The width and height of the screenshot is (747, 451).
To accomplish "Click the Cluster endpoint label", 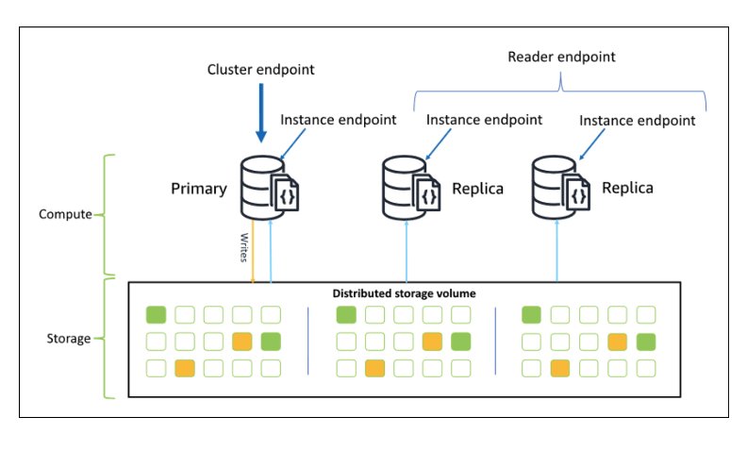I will [259, 71].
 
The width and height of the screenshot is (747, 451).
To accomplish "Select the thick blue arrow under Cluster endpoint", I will [261, 118].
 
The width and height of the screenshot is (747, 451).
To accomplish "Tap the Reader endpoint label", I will [560, 57].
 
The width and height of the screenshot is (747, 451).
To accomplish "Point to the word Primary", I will [198, 189].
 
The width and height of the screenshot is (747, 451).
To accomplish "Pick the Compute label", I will [64, 214].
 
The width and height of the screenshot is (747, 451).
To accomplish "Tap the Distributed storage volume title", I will [404, 293].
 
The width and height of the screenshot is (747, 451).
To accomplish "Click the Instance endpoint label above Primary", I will [338, 120].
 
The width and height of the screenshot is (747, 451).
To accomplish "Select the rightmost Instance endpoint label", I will [637, 121].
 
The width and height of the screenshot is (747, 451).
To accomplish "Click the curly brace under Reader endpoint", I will [560, 91].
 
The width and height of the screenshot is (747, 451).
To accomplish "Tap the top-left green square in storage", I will [157, 314].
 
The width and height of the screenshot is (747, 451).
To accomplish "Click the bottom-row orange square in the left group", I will [185, 368].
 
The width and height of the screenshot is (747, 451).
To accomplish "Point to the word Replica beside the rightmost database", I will [627, 188].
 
